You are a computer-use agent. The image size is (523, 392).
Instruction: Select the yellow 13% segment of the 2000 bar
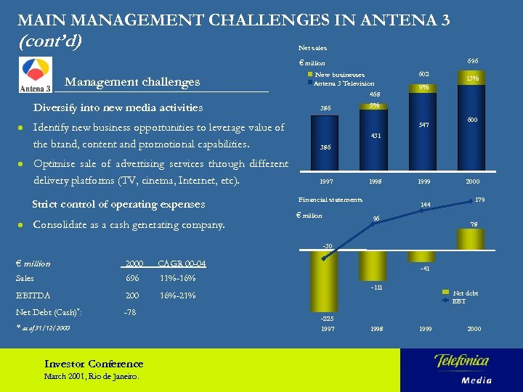(x=472, y=78)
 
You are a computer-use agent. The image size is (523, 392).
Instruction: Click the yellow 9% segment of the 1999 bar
(x=424, y=88)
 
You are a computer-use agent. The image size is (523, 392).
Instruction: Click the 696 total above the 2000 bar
(x=472, y=62)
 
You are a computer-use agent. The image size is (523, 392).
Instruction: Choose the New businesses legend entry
(x=338, y=74)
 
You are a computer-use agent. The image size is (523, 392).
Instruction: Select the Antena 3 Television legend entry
(x=343, y=83)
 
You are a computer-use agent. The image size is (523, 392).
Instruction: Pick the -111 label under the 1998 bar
(x=376, y=288)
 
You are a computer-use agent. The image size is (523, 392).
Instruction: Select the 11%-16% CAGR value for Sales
(x=177, y=278)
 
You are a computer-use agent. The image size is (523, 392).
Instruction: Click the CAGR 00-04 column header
(x=181, y=263)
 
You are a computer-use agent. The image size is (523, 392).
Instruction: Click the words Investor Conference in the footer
(x=94, y=364)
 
